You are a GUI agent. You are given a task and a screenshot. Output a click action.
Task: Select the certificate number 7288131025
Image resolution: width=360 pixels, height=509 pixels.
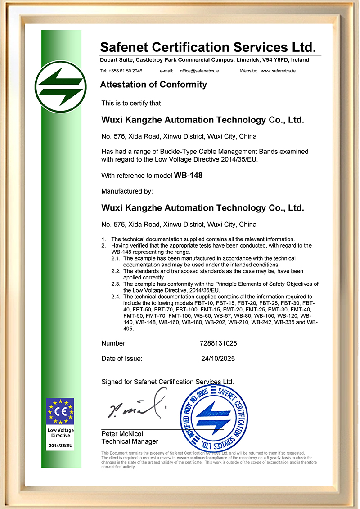218,343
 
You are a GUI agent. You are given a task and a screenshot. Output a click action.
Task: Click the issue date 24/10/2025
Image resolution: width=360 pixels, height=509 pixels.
218,359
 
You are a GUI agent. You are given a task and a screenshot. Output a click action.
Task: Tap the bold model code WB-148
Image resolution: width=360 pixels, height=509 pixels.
185,176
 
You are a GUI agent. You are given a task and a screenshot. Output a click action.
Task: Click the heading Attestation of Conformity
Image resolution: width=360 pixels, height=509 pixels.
153,84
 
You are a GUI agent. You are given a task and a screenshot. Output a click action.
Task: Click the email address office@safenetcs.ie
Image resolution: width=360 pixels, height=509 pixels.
199,71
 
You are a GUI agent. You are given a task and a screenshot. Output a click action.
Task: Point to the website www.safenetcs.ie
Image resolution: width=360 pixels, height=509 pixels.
278,71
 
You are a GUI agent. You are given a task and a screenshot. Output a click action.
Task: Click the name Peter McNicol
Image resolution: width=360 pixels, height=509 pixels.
122,434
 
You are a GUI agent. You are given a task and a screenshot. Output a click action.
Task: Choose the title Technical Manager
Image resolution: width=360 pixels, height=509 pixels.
130,441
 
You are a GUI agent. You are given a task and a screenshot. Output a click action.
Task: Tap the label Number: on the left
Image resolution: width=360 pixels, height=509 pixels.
114,343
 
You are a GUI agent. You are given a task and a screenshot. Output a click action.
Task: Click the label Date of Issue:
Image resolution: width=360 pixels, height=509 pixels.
122,359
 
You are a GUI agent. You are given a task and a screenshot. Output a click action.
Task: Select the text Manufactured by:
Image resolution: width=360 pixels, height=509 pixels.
127,191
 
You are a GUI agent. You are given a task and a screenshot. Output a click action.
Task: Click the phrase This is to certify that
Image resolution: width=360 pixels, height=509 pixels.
131,103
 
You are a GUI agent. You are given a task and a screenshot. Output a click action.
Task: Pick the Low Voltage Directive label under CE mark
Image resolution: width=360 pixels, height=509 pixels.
61,433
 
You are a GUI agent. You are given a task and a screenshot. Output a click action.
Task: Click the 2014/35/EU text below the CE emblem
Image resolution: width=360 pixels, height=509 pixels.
61,445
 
